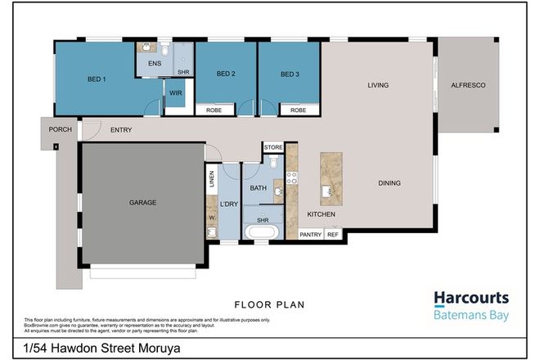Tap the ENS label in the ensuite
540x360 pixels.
154,63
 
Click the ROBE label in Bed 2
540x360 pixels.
214,110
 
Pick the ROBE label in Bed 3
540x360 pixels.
299,110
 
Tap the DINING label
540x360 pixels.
389,183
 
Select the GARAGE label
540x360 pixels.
142,202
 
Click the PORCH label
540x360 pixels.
59,129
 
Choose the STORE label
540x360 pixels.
273,148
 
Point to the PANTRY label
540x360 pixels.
310,235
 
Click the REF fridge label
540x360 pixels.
333,235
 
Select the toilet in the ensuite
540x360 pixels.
164,48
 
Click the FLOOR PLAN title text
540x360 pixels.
269,305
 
